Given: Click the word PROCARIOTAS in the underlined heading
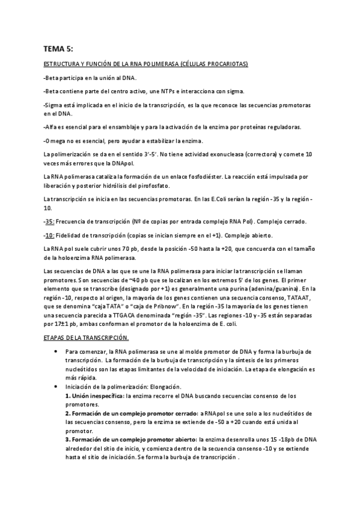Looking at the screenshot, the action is (x=228, y=64).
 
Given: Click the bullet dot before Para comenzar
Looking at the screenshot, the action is (x=55, y=351).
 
